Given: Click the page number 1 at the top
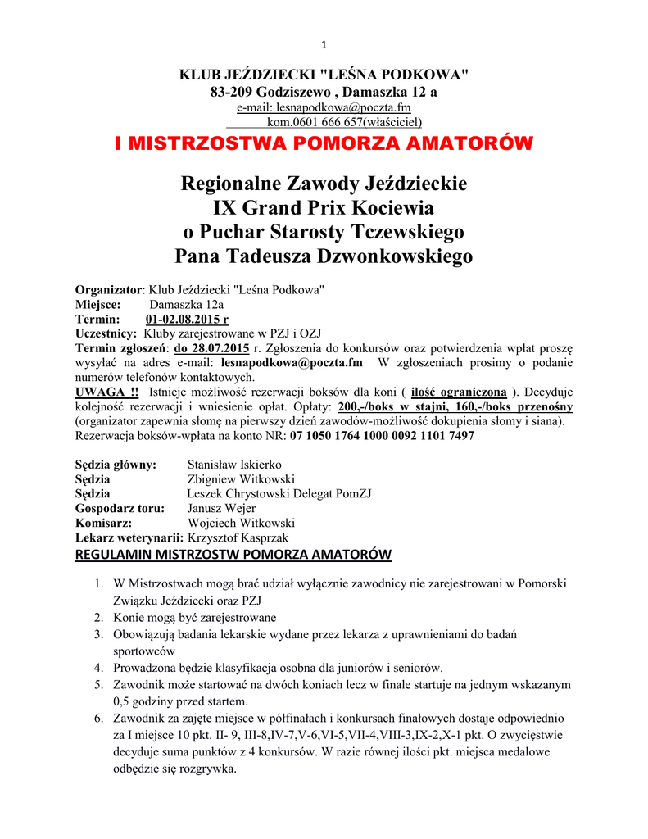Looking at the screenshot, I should coord(324,44).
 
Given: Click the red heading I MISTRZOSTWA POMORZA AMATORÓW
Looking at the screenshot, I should coord(324,144).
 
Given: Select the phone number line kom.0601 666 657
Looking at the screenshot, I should coord(344,123).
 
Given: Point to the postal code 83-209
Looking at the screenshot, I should coord(231,92).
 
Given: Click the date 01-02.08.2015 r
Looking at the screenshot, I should coord(187,319).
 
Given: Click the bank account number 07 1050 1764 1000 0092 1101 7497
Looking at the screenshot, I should coord(382,437).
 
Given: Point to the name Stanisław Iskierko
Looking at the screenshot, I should coord(234,465).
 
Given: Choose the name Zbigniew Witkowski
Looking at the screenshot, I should coord(241,479).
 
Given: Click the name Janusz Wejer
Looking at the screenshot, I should coord(221,508).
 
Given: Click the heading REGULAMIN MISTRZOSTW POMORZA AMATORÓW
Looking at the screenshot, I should coord(233,556).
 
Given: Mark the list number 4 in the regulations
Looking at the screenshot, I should coord(97,667).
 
